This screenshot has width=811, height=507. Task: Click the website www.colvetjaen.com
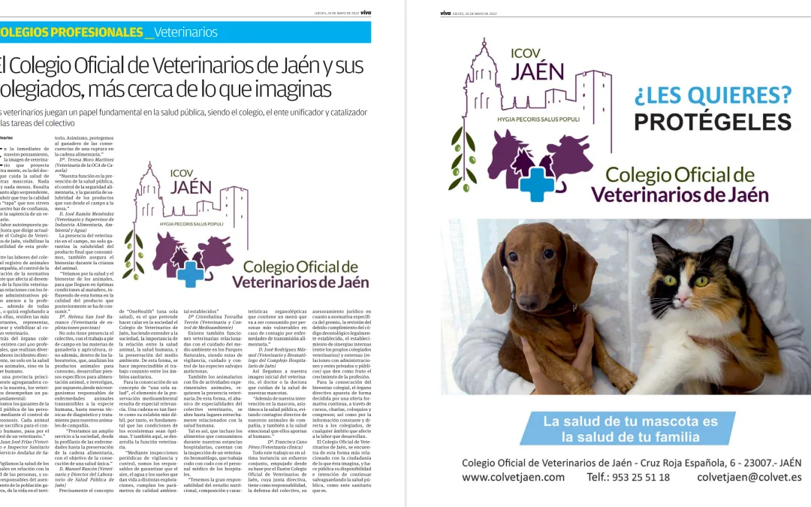click(x=513, y=477)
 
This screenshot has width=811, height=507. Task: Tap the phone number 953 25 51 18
click(x=628, y=477)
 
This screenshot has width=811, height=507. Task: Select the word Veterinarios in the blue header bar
click(x=187, y=32)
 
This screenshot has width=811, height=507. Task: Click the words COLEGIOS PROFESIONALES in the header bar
click(x=71, y=32)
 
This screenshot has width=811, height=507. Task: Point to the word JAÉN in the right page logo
click(x=537, y=71)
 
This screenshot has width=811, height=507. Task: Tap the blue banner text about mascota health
click(x=630, y=428)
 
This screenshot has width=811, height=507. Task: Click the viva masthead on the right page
click(x=446, y=13)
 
